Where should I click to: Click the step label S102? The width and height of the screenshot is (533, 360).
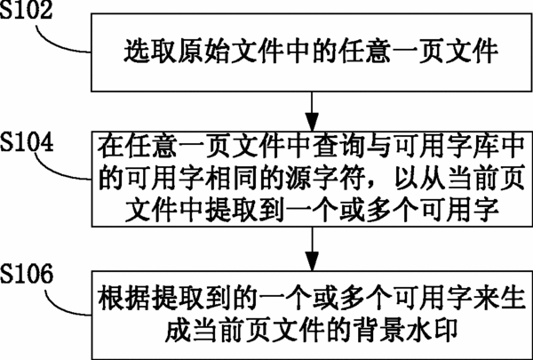point(26,10)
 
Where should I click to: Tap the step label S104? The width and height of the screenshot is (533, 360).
point(27,142)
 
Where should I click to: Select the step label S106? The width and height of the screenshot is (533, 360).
point(27,274)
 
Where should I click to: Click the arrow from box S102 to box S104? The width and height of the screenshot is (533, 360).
point(312,111)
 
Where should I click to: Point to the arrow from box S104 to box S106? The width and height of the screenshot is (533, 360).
point(312,248)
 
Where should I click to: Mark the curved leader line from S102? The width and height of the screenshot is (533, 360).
point(58,44)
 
